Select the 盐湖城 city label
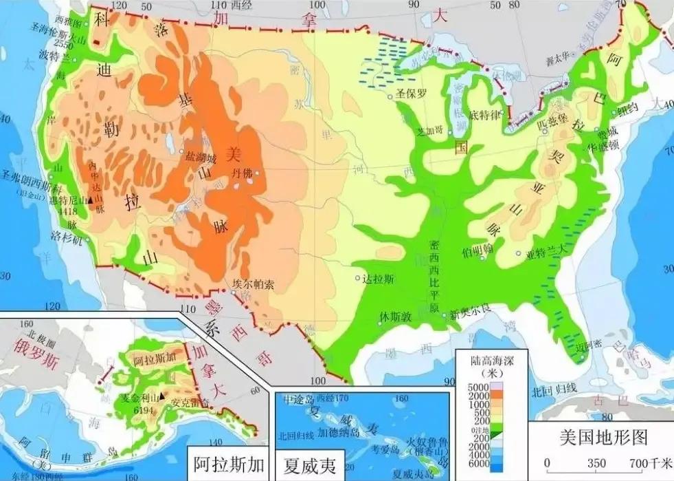201,158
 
